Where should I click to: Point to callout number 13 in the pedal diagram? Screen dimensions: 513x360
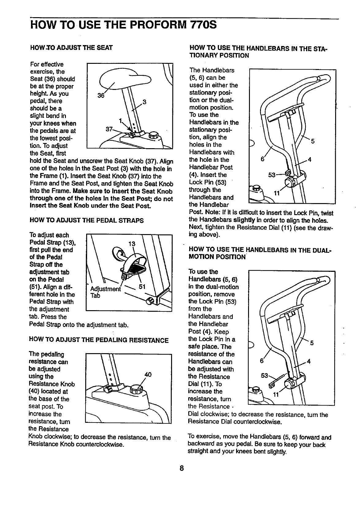click(x=132, y=244)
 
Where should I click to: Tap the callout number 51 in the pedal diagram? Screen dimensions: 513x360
click(x=142, y=287)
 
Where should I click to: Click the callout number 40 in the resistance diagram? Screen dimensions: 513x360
click(x=148, y=374)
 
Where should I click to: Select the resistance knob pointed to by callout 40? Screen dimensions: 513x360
click(x=136, y=389)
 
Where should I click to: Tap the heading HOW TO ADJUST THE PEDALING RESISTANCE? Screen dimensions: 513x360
click(x=98, y=340)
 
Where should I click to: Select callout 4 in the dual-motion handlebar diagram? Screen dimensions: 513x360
click(x=309, y=361)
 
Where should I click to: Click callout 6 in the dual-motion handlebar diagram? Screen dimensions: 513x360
click(x=262, y=361)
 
